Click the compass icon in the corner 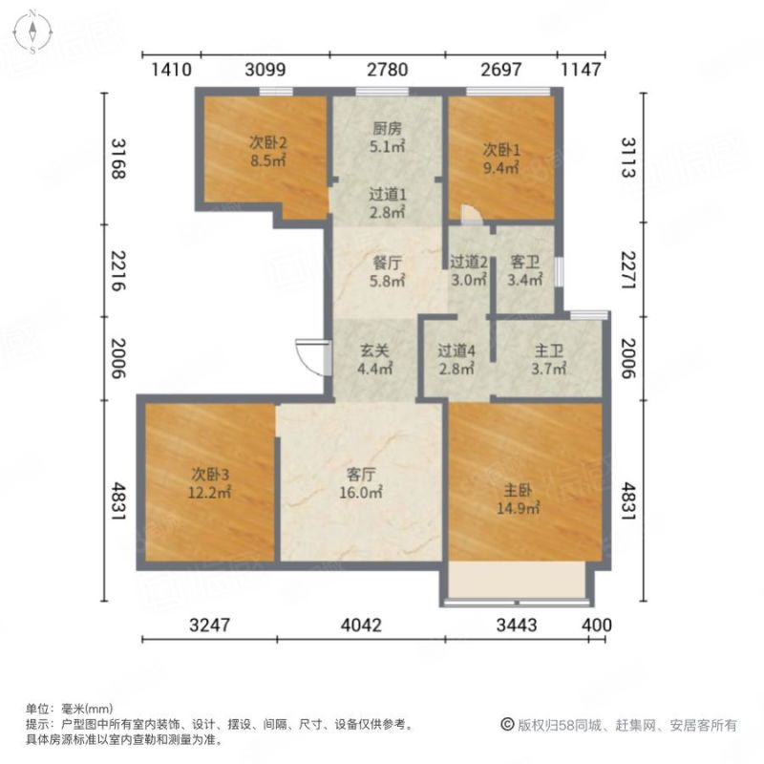click(x=32, y=32)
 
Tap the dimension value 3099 click(x=265, y=70)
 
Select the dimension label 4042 click(x=361, y=626)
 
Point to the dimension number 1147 click(x=581, y=70)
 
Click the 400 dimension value click(x=596, y=626)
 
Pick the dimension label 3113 click(x=628, y=158)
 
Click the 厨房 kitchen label click(x=388, y=129)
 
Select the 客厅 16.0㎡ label click(x=361, y=483)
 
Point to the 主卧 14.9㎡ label click(x=518, y=499)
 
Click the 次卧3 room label click(x=209, y=474)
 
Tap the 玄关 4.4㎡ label click(x=374, y=360)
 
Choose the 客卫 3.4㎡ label click(x=524, y=271)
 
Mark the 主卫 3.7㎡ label click(x=548, y=360)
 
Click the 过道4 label click(x=456, y=350)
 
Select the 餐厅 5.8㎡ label click(x=388, y=272)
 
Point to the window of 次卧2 click(x=276, y=91)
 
